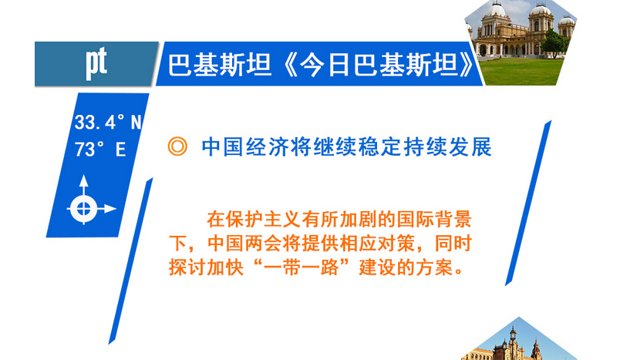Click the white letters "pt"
pyautogui.click(x=96, y=63)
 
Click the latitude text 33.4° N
pyautogui.click(x=107, y=122)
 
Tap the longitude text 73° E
pyautogui.click(x=100, y=150)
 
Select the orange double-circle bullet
pyautogui.click(x=177, y=146)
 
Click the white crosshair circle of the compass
pyautogui.click(x=83, y=209)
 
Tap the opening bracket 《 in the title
pyautogui.click(x=289, y=65)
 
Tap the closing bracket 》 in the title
pyautogui.click(x=466, y=65)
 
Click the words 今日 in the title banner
pyautogui.click(x=325, y=65)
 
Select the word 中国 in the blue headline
pyautogui.click(x=222, y=147)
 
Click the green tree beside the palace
pyautogui.click(x=554, y=42)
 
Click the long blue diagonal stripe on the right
pyautogui.click(x=528, y=203)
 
